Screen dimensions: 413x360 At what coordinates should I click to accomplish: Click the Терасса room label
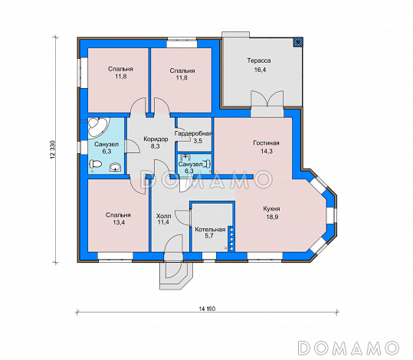(259, 61)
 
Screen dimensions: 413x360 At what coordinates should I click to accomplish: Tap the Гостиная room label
(266, 143)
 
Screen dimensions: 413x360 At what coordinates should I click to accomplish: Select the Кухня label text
(271, 209)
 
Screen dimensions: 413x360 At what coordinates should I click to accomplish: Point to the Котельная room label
(210, 229)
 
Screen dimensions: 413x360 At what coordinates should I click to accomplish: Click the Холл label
(163, 216)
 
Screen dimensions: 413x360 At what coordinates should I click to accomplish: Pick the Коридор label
(156, 139)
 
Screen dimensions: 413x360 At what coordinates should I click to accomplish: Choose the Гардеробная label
(194, 133)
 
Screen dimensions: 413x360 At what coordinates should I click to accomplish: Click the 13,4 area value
(119, 223)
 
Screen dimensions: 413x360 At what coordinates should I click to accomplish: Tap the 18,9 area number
(272, 217)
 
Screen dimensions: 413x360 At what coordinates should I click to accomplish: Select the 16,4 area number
(259, 70)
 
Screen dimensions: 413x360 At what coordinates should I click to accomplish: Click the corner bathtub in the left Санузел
(97, 127)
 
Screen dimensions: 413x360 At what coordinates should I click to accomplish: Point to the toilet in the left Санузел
(95, 164)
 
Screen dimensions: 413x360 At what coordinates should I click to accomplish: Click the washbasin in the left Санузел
(116, 167)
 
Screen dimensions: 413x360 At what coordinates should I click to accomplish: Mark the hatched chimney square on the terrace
(297, 41)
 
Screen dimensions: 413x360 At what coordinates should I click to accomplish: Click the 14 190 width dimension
(207, 309)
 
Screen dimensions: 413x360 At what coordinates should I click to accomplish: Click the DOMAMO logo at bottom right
(348, 348)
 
